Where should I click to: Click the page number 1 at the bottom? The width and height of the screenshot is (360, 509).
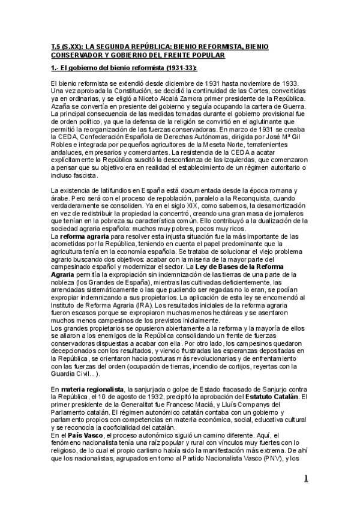pos(306,478)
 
